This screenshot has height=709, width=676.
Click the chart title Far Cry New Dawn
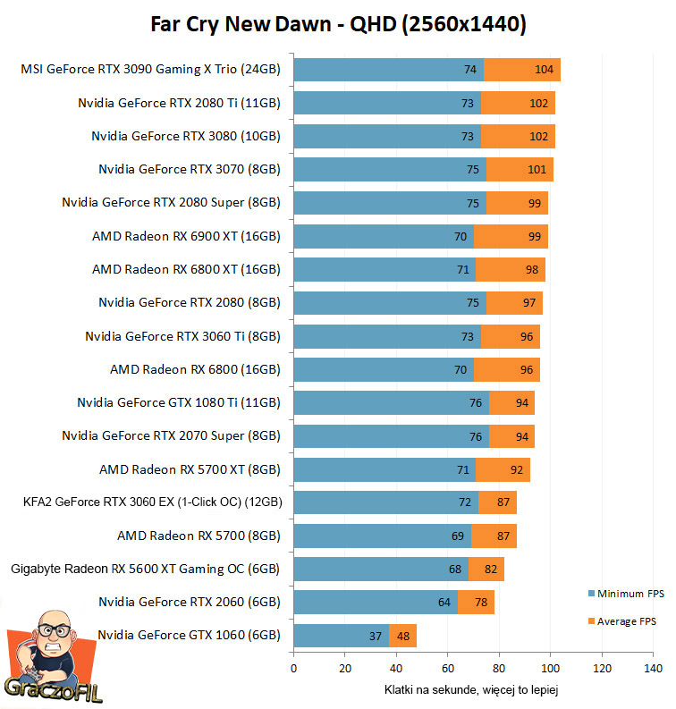click(x=338, y=24)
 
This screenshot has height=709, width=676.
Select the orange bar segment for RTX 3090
click(x=522, y=70)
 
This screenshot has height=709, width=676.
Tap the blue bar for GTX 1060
click(x=341, y=636)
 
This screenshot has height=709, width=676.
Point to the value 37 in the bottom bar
click(x=376, y=637)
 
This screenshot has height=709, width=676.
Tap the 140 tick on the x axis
click(x=653, y=669)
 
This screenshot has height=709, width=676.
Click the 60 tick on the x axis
click(x=448, y=669)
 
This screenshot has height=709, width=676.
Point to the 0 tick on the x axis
click(x=293, y=669)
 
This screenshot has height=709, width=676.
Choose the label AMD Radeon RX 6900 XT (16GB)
click(x=186, y=237)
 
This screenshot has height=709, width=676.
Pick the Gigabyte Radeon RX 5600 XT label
click(x=145, y=570)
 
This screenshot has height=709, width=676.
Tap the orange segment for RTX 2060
click(x=476, y=603)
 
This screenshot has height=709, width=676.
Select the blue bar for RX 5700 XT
click(x=384, y=469)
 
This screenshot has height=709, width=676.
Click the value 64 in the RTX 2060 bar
click(x=444, y=603)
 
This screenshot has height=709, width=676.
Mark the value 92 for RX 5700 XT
click(x=516, y=469)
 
